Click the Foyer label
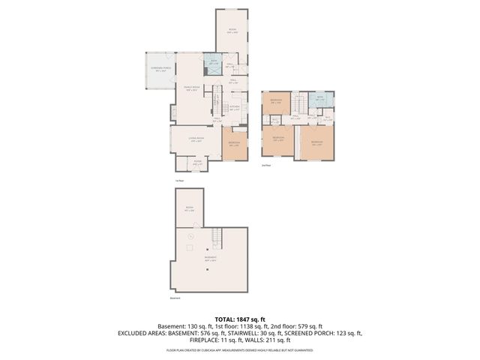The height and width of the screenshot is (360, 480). pyautogui.click(x=197, y=162)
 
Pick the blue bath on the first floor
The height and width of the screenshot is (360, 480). pyautogui.click(x=212, y=63)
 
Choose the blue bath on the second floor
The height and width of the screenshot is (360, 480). pyautogui.click(x=319, y=98)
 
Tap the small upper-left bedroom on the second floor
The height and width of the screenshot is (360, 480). pyautogui.click(x=276, y=103)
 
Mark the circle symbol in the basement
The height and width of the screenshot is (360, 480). pyautogui.click(x=190, y=235)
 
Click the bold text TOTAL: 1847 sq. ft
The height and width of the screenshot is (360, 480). pyautogui.click(x=240, y=319)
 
